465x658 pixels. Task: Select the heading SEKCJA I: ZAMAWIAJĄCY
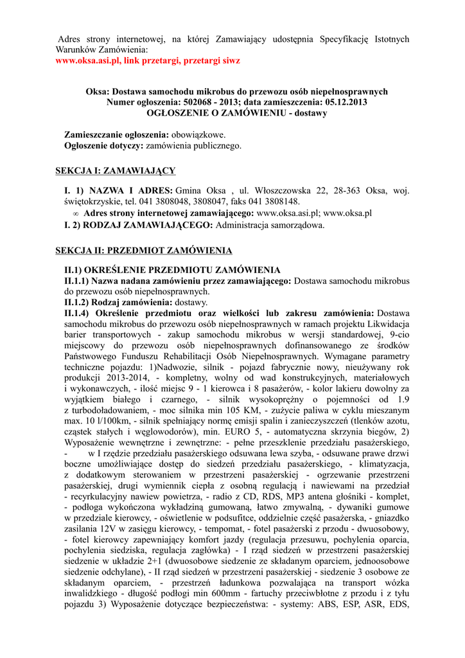coord(116,170)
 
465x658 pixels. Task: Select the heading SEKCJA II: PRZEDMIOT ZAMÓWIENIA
coord(143,250)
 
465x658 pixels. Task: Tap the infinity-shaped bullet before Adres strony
coord(76,213)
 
